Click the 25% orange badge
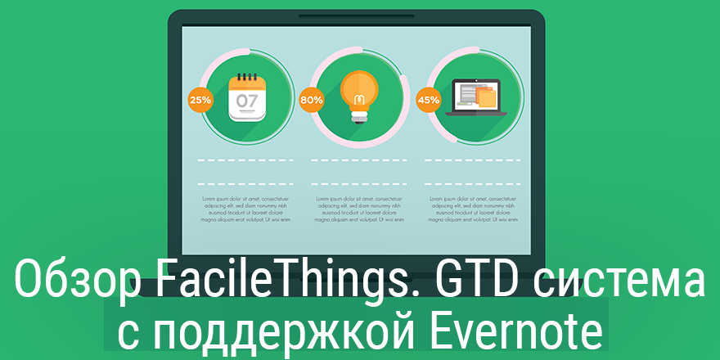[x=200, y=100]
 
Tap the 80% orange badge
[x=312, y=100]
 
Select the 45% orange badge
[x=429, y=100]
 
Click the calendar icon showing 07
[x=247, y=97]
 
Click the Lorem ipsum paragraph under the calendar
[x=243, y=209]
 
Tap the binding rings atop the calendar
[x=247, y=77]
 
